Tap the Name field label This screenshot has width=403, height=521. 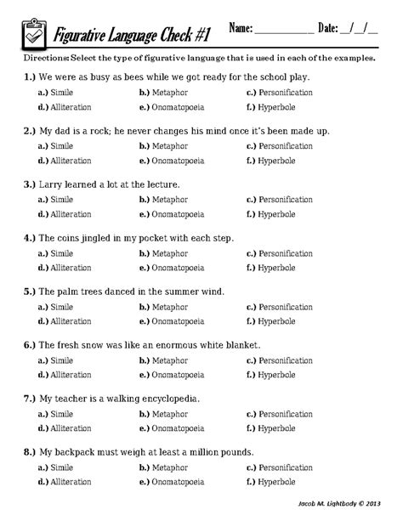coord(241,29)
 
